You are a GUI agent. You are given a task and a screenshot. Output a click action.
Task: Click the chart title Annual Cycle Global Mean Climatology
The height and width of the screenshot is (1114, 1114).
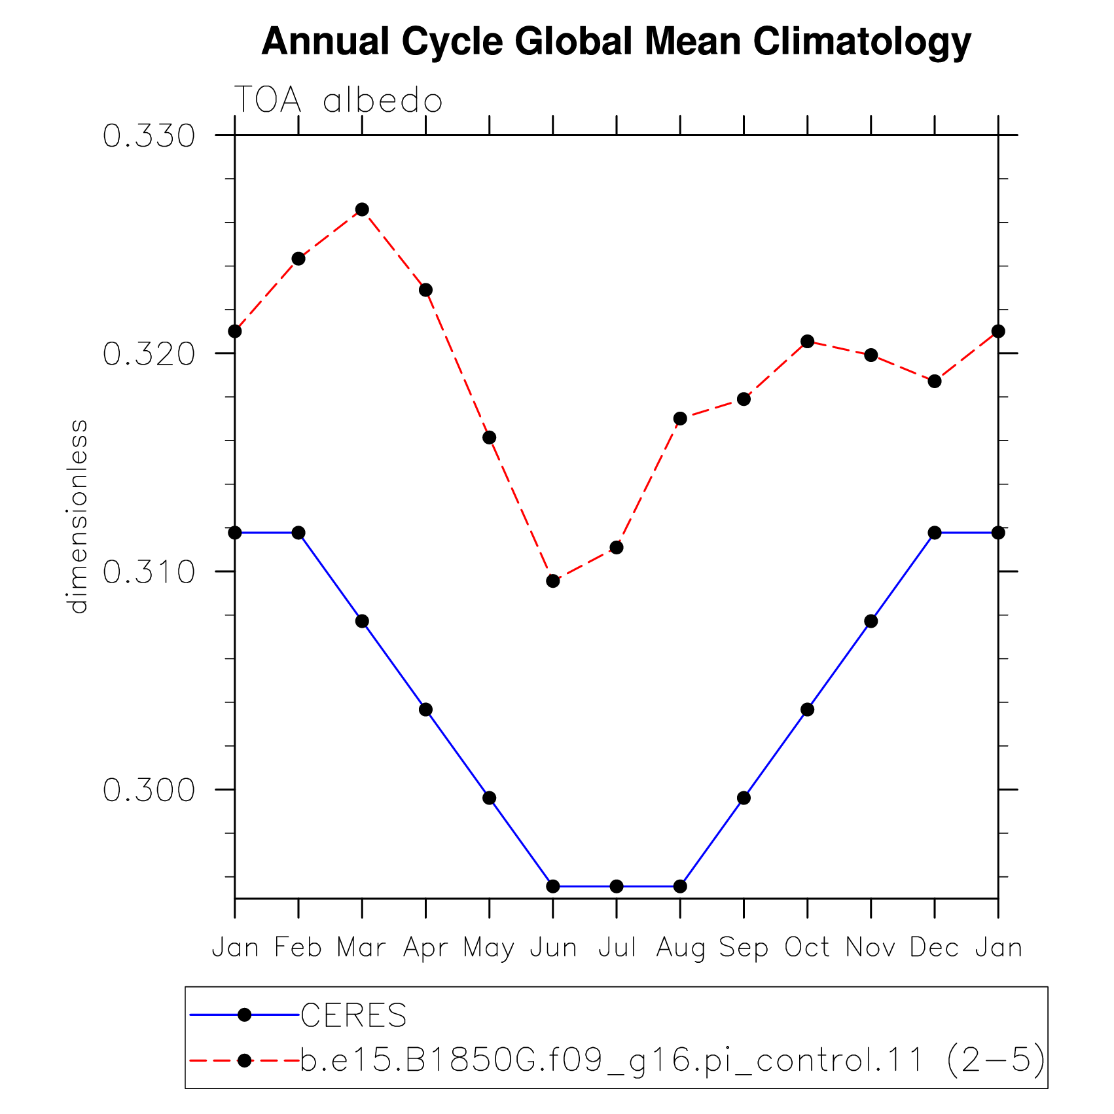[x=616, y=43]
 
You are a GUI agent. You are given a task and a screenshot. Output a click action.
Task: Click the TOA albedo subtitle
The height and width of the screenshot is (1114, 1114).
[x=338, y=101]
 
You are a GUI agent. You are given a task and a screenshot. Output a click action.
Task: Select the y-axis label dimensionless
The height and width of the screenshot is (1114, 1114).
[x=78, y=516]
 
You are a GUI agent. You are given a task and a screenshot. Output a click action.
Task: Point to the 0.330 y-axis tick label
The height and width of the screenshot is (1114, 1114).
[x=149, y=136]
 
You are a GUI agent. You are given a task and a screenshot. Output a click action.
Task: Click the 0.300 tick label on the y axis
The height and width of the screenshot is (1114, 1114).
[x=149, y=790]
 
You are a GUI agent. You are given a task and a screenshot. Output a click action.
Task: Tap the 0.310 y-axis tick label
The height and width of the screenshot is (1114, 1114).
[x=149, y=572]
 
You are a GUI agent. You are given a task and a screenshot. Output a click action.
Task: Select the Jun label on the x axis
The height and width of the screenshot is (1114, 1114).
[x=553, y=948]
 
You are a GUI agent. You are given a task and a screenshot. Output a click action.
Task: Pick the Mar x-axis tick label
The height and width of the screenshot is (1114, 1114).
[x=361, y=948]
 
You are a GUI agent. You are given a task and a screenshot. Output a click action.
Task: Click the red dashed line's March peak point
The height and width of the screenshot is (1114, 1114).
[x=362, y=209]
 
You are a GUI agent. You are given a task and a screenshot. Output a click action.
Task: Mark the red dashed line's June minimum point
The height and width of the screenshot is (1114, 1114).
[x=553, y=581]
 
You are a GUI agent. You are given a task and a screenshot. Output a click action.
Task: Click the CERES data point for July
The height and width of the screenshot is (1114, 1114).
[x=617, y=886]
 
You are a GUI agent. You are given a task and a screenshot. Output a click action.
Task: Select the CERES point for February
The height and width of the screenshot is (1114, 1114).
[x=298, y=533]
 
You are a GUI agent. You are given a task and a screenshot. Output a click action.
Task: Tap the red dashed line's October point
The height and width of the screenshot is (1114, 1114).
[x=808, y=341]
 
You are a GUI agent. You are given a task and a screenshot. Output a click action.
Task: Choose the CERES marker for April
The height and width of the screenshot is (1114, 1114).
[x=425, y=710]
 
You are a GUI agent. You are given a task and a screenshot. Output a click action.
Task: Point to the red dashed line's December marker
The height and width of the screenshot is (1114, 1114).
[x=935, y=381]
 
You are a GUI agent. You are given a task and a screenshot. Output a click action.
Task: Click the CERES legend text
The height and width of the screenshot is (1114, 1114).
[x=353, y=1015]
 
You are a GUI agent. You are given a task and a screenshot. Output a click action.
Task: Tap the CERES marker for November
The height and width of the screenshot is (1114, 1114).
[x=871, y=621]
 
